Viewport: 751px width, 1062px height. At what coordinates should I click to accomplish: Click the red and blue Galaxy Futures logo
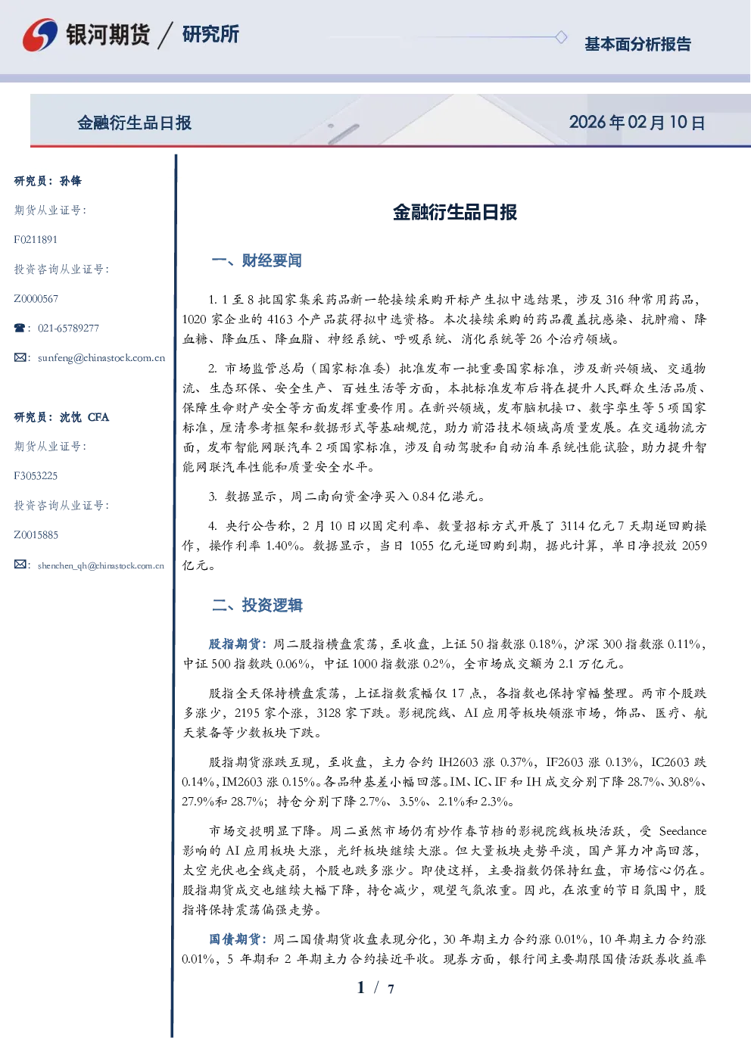point(40,35)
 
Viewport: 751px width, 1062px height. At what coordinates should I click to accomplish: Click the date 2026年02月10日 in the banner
point(637,123)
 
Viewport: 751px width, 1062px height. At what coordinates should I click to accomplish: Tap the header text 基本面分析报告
point(637,44)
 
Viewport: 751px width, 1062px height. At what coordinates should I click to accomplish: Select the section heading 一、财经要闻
point(257,260)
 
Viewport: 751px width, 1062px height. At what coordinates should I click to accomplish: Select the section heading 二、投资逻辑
point(257,605)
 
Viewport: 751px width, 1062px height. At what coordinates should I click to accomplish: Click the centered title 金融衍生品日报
point(455,212)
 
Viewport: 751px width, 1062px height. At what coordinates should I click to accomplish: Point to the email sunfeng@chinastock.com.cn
point(101,358)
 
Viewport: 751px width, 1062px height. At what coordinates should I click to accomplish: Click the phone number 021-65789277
point(68,328)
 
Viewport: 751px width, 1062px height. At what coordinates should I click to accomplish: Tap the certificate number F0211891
point(36,239)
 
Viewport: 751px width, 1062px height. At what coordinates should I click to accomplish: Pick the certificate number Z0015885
point(36,535)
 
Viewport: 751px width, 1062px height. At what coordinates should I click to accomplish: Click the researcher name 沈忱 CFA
point(84,417)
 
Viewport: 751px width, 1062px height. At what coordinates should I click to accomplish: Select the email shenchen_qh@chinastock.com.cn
point(101,565)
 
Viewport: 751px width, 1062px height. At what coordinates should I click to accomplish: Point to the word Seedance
point(683,831)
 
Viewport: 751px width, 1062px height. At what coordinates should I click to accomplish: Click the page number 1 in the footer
point(361,988)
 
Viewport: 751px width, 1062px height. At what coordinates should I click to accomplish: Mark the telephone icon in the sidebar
point(20,328)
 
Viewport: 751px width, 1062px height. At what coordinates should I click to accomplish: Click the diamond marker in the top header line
point(561,37)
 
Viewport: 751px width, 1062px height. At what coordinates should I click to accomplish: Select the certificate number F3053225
point(36,476)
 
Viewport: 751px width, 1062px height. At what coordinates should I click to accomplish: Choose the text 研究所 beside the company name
point(210,34)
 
